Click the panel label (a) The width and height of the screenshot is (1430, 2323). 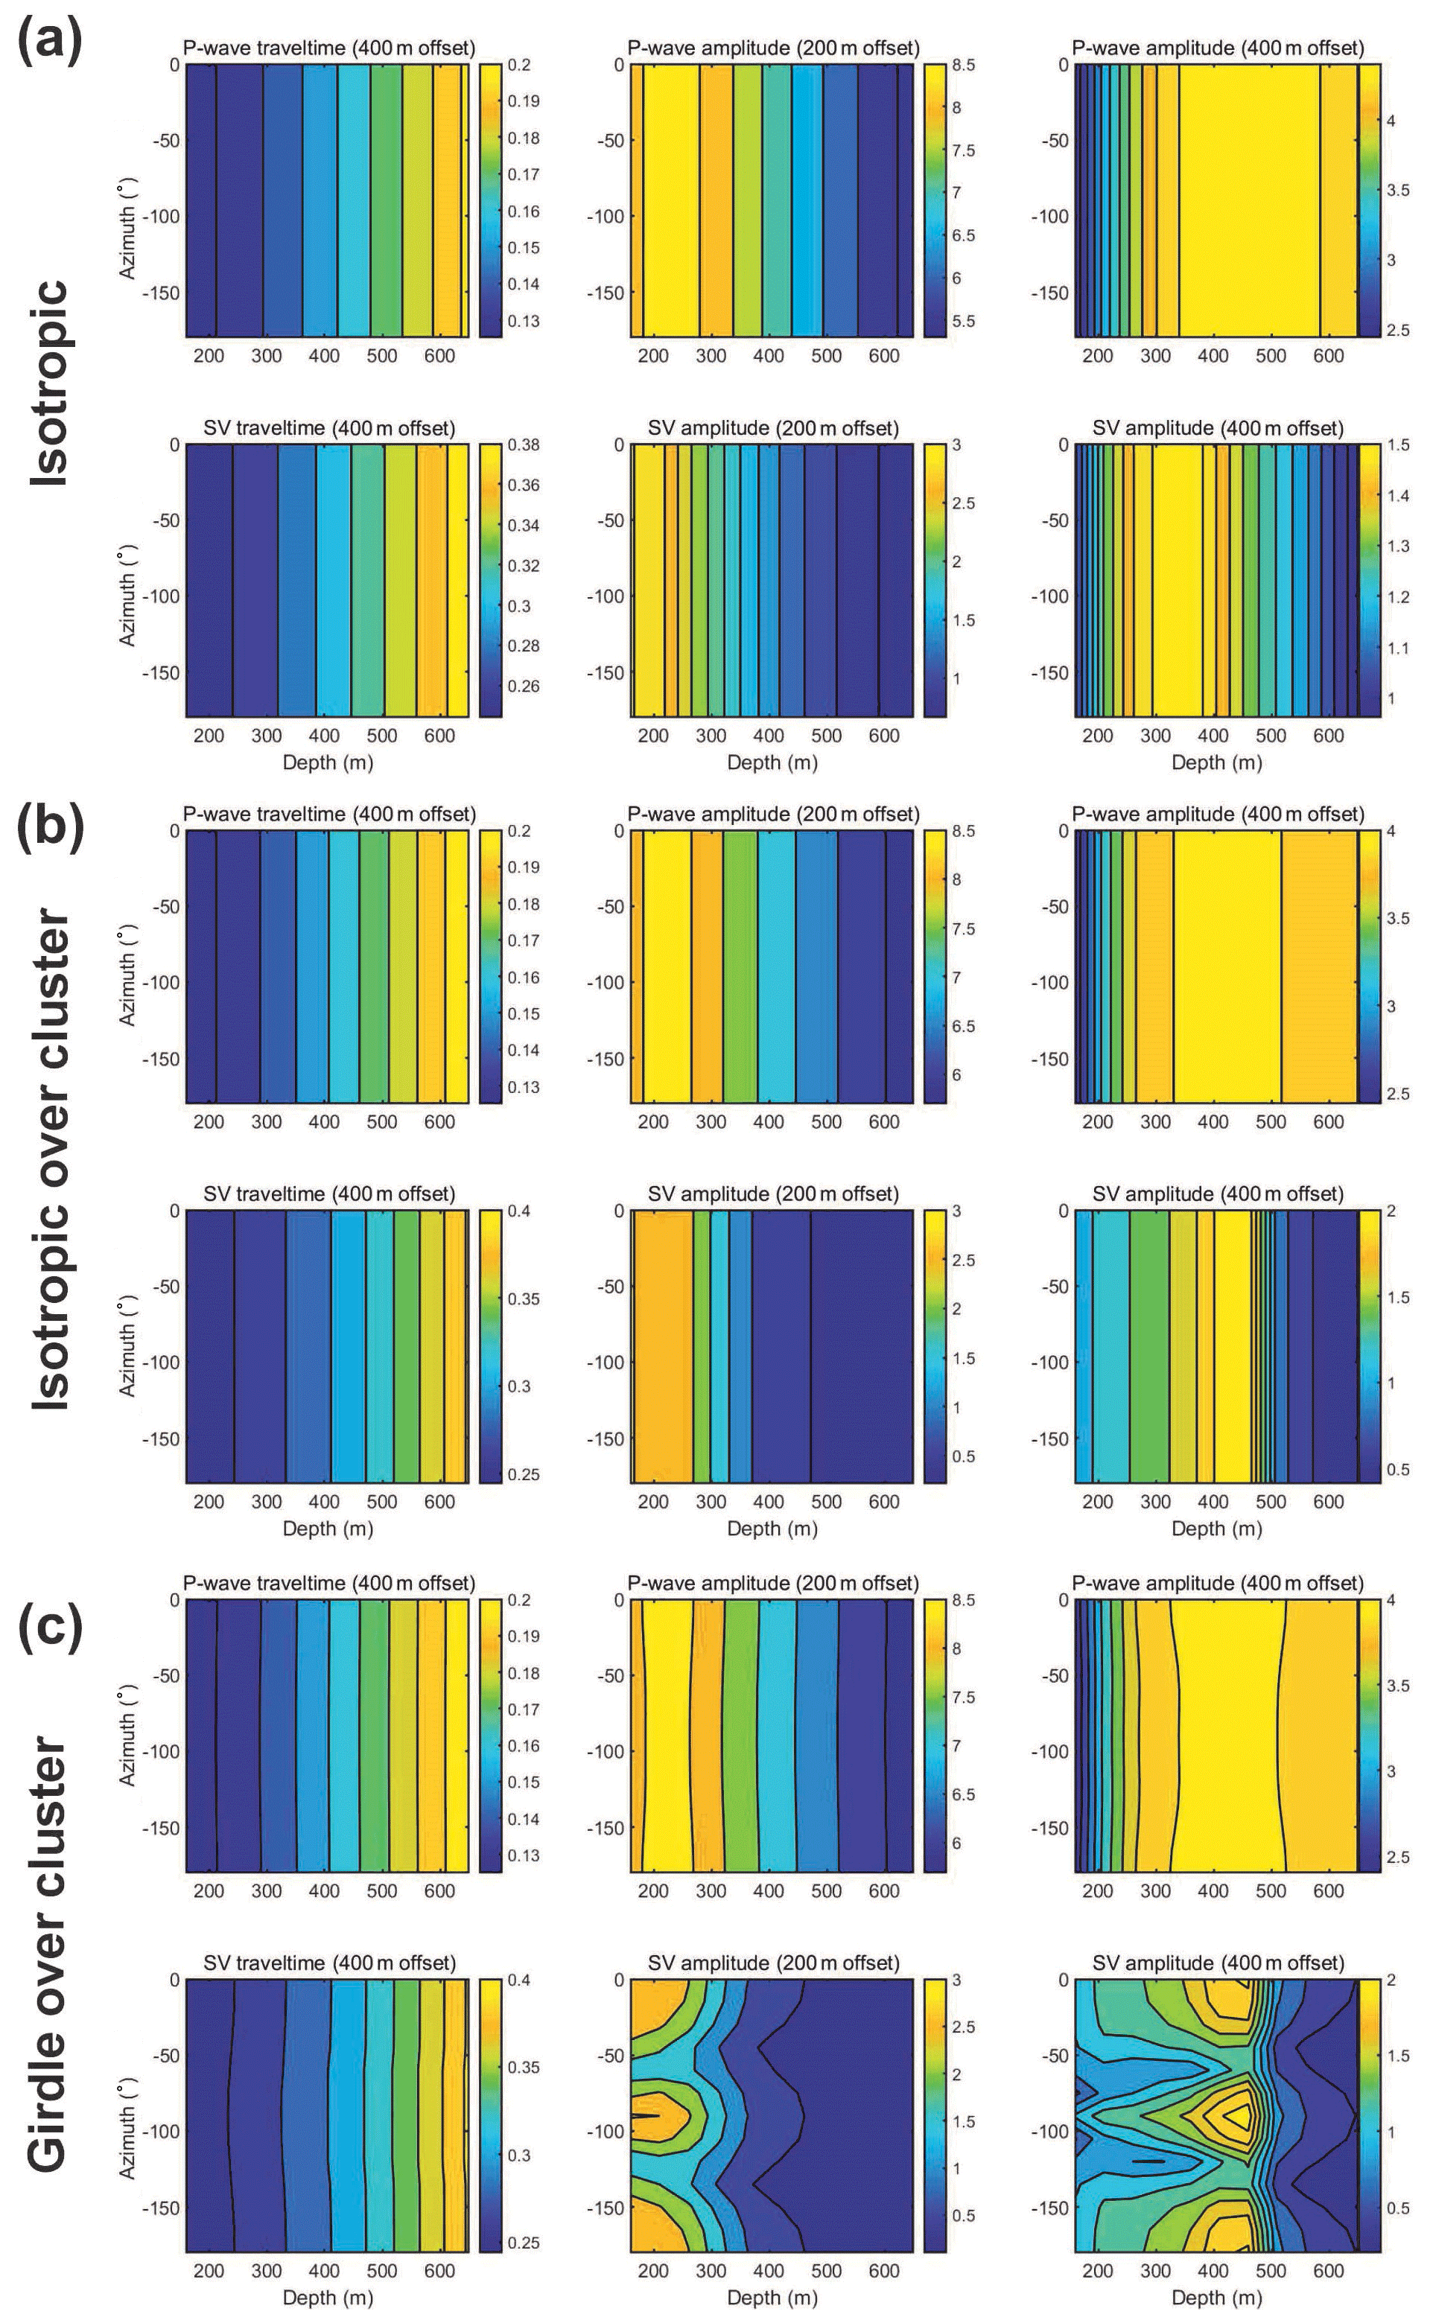click(50, 39)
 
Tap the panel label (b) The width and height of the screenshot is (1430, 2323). click(50, 824)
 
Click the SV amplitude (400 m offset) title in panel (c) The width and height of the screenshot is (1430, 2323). click(1217, 1963)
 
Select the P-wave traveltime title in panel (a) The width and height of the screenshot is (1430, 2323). click(328, 47)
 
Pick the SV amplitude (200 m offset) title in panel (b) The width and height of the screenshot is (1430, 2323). click(772, 1194)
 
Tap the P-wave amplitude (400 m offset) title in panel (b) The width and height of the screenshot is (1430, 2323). click(1217, 814)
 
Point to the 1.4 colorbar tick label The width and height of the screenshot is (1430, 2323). click(1397, 495)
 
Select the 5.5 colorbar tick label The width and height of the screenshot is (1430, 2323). click(963, 322)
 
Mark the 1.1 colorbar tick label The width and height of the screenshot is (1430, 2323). click(1397, 649)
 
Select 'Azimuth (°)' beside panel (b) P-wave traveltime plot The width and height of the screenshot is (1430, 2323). click(129, 977)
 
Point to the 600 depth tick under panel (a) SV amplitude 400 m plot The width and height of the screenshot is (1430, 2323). click(1328, 736)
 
